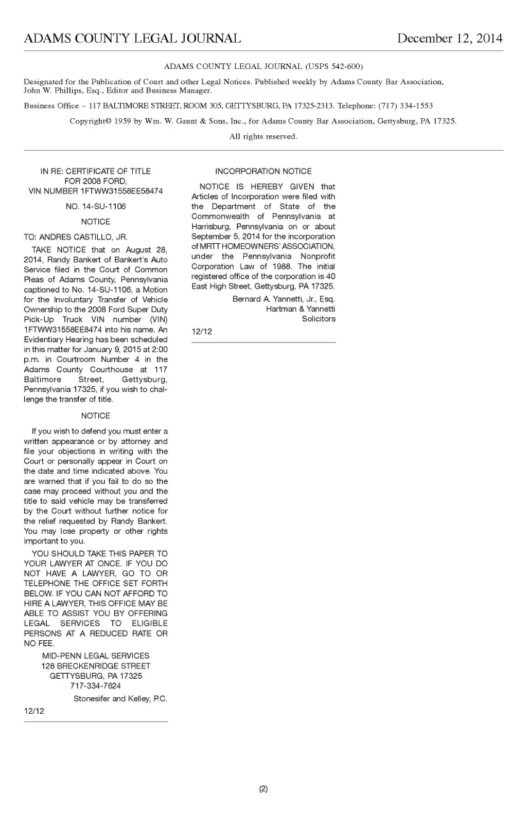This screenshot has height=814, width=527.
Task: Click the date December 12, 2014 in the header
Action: click(449, 39)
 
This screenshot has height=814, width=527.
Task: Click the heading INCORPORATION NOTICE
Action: click(263, 171)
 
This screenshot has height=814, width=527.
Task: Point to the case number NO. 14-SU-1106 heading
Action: click(96, 207)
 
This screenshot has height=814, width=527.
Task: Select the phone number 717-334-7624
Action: click(96, 686)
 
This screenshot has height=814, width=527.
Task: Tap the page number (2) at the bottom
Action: click(263, 789)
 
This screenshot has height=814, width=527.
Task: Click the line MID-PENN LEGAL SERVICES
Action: click(96, 656)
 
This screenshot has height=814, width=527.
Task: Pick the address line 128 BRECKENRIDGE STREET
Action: click(96, 666)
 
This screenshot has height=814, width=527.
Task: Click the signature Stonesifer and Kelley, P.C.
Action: click(120, 699)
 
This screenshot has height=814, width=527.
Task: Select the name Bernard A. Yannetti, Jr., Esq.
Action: click(284, 299)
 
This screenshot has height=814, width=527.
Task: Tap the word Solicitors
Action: click(319, 319)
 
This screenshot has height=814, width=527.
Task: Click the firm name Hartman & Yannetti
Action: click(300, 309)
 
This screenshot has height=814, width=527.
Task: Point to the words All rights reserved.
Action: click(263, 137)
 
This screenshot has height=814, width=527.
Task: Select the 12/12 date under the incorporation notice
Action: click(201, 332)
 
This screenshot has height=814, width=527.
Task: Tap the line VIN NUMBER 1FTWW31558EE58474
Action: click(96, 191)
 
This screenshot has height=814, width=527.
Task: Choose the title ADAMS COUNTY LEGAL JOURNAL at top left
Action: click(132, 39)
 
